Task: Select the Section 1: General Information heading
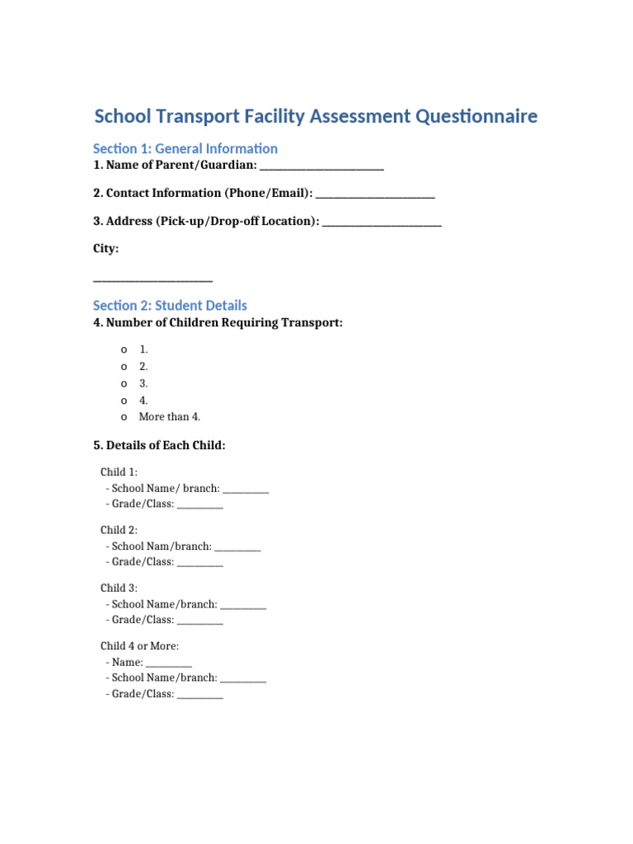point(185,148)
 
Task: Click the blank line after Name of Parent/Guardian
point(321,168)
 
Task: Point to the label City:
point(105,248)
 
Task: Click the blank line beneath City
point(152,280)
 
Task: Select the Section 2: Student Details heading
point(170,305)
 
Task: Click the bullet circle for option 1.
point(124,349)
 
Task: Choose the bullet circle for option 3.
point(124,383)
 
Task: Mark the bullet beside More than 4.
point(124,417)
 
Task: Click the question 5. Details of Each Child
point(159,445)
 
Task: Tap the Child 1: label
point(120,472)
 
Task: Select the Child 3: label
point(120,588)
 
